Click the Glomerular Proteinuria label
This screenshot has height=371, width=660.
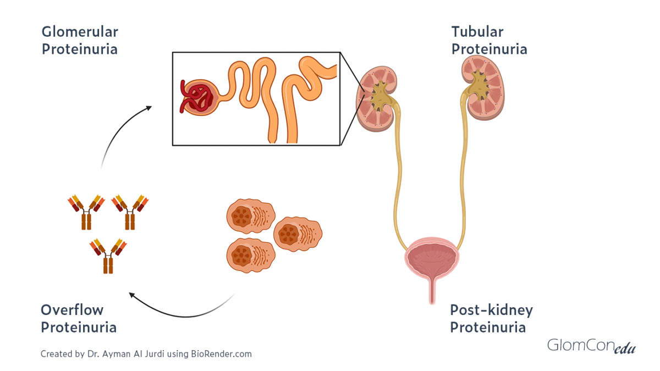pyautogui.click(x=80, y=41)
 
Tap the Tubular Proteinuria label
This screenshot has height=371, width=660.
pyautogui.click(x=489, y=41)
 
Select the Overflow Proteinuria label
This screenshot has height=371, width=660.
pyautogui.click(x=79, y=319)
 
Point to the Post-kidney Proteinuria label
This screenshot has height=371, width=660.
pyautogui.click(x=491, y=319)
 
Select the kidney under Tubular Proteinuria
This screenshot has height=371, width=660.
pyautogui.click(x=481, y=90)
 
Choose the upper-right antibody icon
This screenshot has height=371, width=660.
pyautogui.click(x=130, y=211)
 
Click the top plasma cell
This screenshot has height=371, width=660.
pyautogui.click(x=250, y=215)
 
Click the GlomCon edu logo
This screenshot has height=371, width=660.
pyautogui.click(x=591, y=346)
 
